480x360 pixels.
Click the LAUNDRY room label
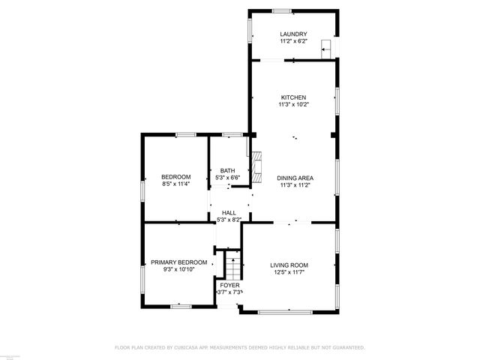[x=293, y=34]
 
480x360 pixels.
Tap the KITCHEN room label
[x=293, y=97]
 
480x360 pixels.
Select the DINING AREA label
[x=295, y=178]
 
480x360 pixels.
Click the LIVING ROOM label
[x=289, y=265]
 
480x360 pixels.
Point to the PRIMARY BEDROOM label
[x=178, y=262]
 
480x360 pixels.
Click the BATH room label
[x=227, y=170]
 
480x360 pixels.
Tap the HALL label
[x=229, y=213]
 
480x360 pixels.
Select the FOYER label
[x=229, y=285]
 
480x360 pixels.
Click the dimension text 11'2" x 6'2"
[x=293, y=41]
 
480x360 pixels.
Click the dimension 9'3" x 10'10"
[x=178, y=269]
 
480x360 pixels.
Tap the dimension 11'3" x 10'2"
[x=293, y=104]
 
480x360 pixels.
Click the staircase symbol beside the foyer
[x=234, y=265]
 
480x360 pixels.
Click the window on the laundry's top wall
[x=281, y=10]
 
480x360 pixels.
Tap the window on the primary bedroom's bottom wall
[x=180, y=305]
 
